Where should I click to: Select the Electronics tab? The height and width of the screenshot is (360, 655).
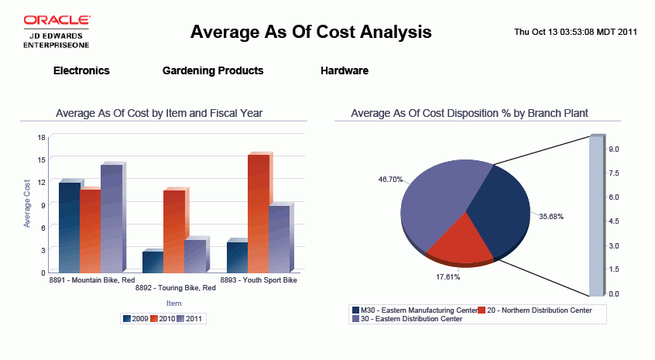(81, 70)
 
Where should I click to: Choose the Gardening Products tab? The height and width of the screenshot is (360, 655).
(213, 70)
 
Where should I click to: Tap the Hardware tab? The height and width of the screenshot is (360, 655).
(345, 70)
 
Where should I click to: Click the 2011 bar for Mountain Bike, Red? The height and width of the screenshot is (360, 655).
(111, 218)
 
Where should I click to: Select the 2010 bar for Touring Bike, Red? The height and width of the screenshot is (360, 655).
(174, 231)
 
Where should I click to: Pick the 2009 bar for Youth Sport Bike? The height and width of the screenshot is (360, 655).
(237, 257)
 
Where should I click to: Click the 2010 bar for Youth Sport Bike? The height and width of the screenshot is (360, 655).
(258, 214)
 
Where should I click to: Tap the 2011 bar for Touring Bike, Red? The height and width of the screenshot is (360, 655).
(195, 255)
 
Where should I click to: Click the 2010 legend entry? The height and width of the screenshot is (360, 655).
(164, 318)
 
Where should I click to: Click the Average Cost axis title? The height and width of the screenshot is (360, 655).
(27, 203)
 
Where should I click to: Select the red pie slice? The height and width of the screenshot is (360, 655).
(459, 238)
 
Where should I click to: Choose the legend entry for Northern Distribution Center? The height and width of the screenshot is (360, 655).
(537, 310)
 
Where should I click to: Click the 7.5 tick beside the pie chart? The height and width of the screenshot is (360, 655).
(613, 173)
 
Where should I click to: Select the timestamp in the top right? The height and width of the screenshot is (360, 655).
(575, 33)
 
